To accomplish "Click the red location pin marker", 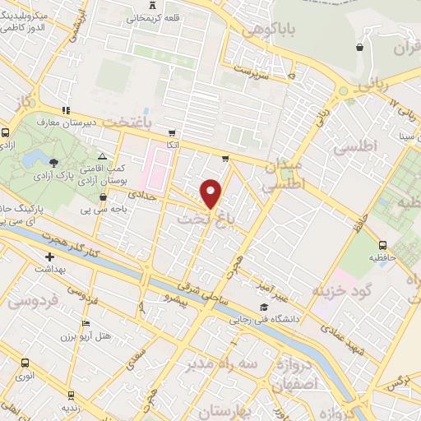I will pyautogui.click(x=211, y=193).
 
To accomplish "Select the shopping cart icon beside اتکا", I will pyautogui.click(x=171, y=132).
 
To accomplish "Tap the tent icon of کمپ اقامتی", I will pyautogui.click(x=102, y=156).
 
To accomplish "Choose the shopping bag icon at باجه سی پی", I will pyautogui.click(x=103, y=197).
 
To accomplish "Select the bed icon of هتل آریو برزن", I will pyautogui.click(x=85, y=324).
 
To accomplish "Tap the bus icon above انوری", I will pyautogui.click(x=25, y=363).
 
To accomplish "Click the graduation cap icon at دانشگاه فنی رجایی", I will pyautogui.click(x=261, y=308).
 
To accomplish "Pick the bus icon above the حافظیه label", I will pyautogui.click(x=383, y=244).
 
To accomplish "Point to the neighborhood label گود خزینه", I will pyautogui.click(x=342, y=290).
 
